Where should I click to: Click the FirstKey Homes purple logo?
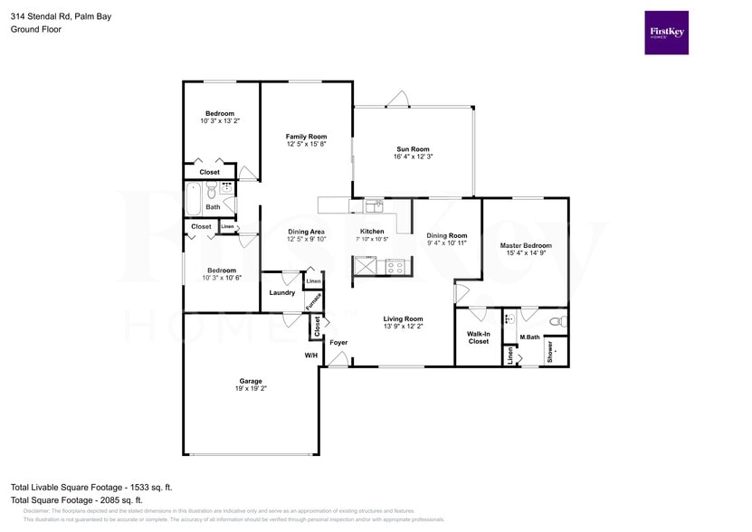[x=666, y=33]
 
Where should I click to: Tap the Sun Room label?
[x=413, y=149]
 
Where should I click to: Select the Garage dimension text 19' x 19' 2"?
[x=252, y=388]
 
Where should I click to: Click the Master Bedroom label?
[x=526, y=245]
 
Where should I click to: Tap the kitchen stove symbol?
[x=395, y=266]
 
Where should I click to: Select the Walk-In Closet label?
[x=478, y=337]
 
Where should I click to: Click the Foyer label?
[x=338, y=343]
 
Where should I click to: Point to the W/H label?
[x=310, y=356]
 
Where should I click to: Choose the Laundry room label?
[x=281, y=292]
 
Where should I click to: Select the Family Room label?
[x=306, y=137]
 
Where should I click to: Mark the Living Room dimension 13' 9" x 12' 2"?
[x=404, y=327]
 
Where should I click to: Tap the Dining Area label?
[x=306, y=232]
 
